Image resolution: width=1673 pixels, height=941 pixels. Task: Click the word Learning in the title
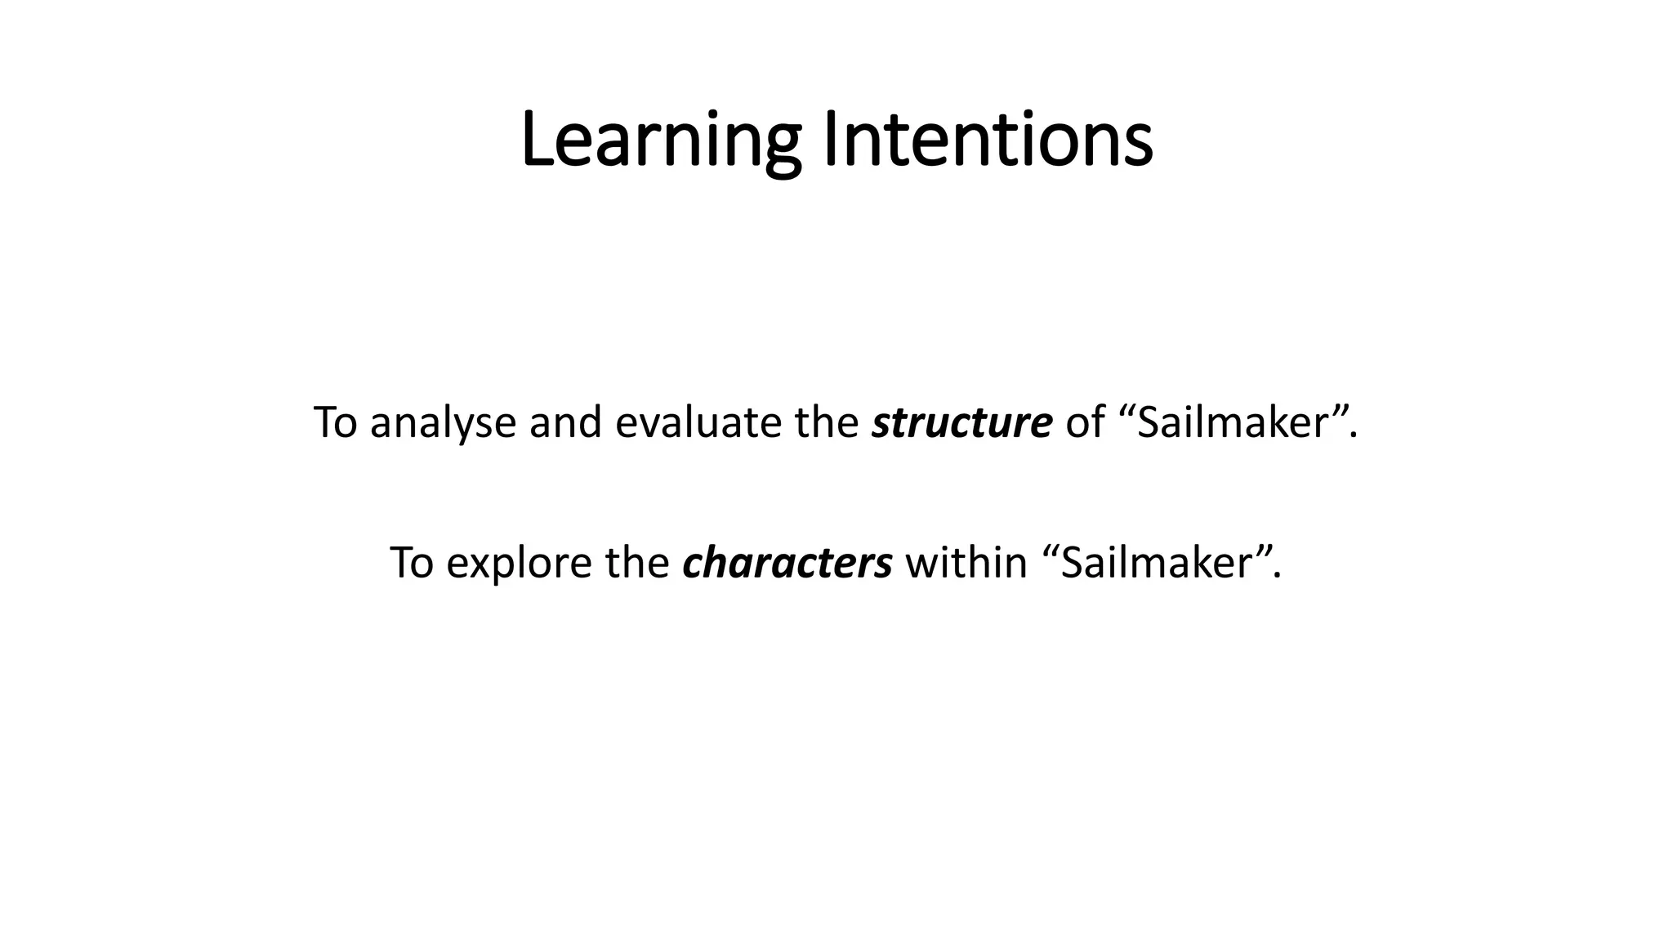pyautogui.click(x=660, y=140)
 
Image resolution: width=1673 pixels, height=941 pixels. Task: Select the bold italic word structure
pyautogui.click(x=961, y=423)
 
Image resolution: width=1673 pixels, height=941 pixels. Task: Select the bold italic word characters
pyautogui.click(x=787, y=564)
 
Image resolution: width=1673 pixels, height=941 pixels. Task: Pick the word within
pyautogui.click(x=966, y=564)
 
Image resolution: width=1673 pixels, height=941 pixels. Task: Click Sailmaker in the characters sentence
pyautogui.click(x=1157, y=564)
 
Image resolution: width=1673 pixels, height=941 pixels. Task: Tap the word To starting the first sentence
pyautogui.click(x=335, y=423)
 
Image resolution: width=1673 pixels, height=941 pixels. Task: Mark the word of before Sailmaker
pyautogui.click(x=1084, y=423)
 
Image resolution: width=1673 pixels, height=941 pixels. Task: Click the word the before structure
pyautogui.click(x=826, y=423)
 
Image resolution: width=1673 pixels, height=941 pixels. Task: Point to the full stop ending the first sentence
pyautogui.click(x=1354, y=438)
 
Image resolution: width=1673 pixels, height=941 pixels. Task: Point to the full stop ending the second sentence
pyautogui.click(x=1277, y=578)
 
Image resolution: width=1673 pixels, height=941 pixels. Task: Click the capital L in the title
pyautogui.click(x=536, y=140)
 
